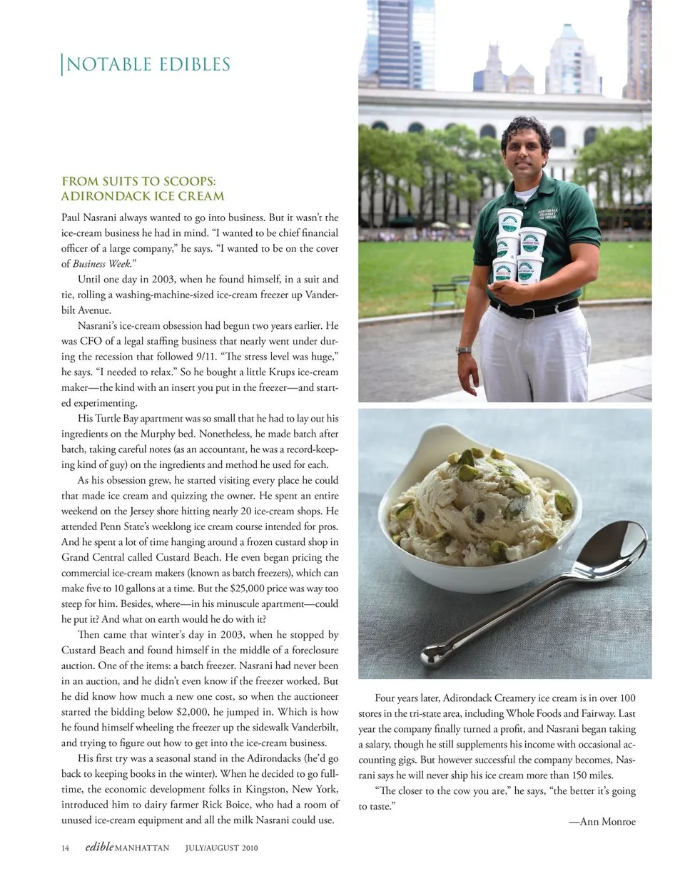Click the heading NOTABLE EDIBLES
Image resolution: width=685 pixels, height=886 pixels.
tap(148, 65)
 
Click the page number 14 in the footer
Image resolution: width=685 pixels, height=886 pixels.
tap(66, 848)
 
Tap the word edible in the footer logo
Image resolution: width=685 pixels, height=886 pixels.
tap(99, 847)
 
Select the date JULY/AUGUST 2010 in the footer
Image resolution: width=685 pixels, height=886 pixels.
tap(221, 848)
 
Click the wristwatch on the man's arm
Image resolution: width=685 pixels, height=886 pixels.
tap(464, 350)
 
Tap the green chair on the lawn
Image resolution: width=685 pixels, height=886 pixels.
tap(442, 290)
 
